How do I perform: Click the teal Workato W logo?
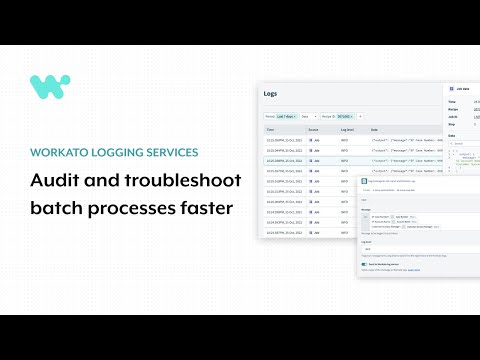[50, 87]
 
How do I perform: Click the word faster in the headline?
[205, 210]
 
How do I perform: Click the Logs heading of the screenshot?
[271, 94]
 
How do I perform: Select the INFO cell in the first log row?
[345, 140]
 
